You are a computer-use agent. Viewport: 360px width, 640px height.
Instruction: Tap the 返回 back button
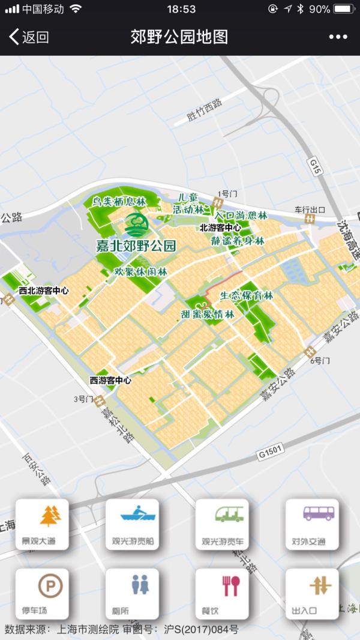pyautogui.click(x=29, y=37)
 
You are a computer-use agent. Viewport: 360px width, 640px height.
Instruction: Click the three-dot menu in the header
pyautogui.click(x=338, y=37)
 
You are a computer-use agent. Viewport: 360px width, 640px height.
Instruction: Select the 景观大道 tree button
pyautogui.click(x=42, y=524)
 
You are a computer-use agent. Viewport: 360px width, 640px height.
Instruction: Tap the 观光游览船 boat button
pyautogui.click(x=133, y=524)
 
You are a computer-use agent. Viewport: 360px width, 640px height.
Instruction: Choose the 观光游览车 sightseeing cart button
pyautogui.click(x=222, y=524)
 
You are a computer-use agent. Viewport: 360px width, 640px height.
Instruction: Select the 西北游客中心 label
pyautogui.click(x=43, y=291)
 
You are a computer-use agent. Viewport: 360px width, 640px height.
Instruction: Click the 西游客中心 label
pyautogui.click(x=110, y=380)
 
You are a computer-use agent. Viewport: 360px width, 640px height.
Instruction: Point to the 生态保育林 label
pyautogui.click(x=246, y=295)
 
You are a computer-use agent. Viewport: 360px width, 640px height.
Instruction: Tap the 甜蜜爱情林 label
pyautogui.click(x=208, y=313)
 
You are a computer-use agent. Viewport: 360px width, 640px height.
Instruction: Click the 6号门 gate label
pyautogui.click(x=320, y=361)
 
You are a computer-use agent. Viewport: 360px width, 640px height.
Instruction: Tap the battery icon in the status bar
pyautogui.click(x=344, y=9)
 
